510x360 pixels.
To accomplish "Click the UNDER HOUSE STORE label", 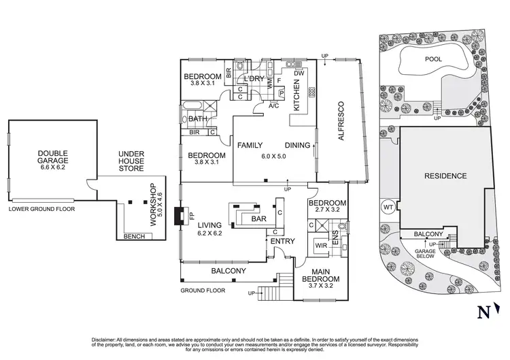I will coord(131,161).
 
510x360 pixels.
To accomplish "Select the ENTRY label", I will coord(282,242).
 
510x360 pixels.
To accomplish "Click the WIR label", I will coord(320,245).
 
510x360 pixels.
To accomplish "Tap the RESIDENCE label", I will coord(445,176).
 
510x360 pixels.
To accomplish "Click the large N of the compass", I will coord(483,312).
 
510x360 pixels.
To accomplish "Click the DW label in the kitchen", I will coord(299,73).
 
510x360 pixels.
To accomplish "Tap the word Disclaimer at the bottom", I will coord(106,338).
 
